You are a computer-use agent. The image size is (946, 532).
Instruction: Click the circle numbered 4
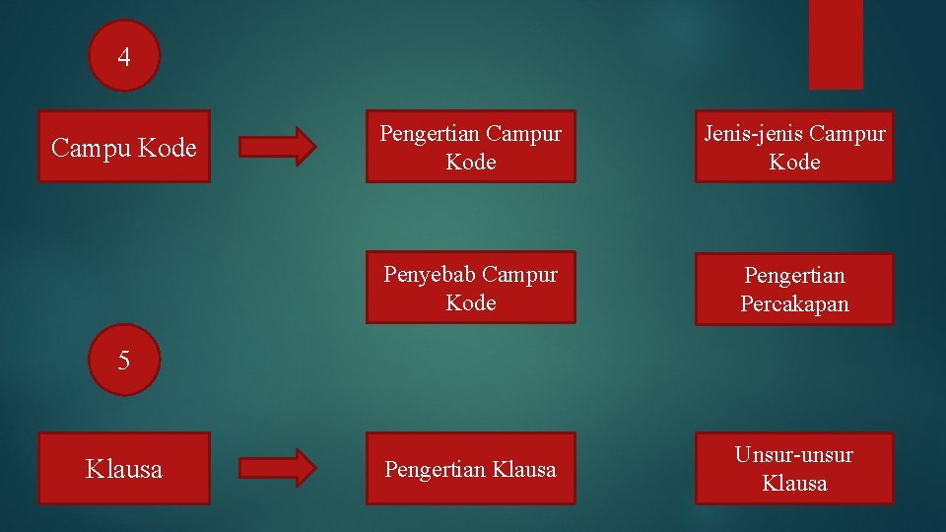pos(124,56)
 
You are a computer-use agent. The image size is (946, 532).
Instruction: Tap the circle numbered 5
pos(124,360)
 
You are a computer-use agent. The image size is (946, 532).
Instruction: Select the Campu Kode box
pos(124,147)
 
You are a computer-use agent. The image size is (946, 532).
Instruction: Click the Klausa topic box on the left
pos(124,469)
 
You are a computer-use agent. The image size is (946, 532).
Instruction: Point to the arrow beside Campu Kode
pos(278,146)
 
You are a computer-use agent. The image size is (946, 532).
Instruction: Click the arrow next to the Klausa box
pos(278,468)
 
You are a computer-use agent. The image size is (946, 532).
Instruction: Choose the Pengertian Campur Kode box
pos(470,147)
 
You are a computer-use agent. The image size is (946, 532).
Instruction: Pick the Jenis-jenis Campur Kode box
pos(794,147)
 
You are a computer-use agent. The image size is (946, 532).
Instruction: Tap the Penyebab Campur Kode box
pos(470,288)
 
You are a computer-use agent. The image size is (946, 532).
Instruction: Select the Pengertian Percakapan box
pos(794,289)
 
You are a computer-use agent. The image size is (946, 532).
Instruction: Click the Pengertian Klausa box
pos(470,469)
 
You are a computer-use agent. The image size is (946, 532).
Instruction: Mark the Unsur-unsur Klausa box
pos(794,469)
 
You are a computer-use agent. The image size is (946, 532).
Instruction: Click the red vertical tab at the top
pos(836,43)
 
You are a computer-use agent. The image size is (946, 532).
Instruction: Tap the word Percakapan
pos(794,304)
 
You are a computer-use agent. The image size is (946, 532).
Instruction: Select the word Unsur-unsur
pos(794,455)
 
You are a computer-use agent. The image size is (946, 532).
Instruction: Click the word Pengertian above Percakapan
pos(794,275)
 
